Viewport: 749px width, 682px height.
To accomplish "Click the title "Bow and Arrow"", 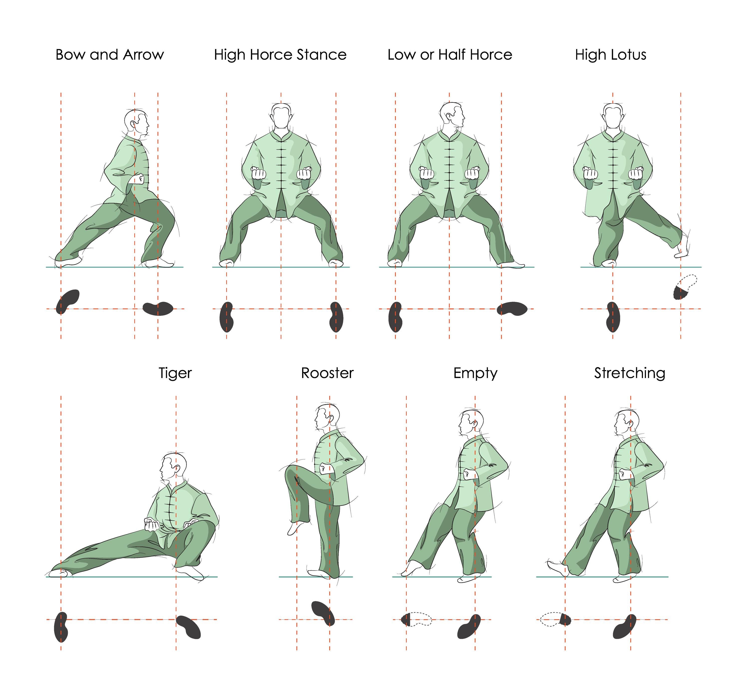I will click(x=110, y=55).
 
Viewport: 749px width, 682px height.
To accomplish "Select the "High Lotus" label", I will click(x=610, y=55).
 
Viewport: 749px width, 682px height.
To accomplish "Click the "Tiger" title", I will click(x=175, y=373).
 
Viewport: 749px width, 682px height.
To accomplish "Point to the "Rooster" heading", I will click(x=327, y=373).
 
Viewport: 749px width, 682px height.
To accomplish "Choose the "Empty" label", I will click(x=475, y=373).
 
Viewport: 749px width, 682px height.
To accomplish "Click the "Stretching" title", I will click(x=629, y=373).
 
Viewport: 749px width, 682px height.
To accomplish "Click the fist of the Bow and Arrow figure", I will click(x=139, y=178).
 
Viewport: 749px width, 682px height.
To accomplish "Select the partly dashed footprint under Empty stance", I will click(x=416, y=620).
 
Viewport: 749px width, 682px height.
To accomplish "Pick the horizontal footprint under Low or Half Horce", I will click(x=512, y=309).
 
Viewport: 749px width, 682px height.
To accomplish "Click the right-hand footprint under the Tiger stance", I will click(x=188, y=627).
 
